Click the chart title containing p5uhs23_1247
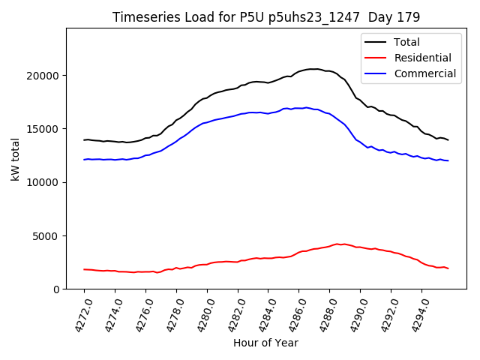click(x=266, y=16)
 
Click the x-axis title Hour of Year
click(x=265, y=343)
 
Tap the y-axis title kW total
click(x=16, y=160)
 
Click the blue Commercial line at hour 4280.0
click(x=207, y=122)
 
